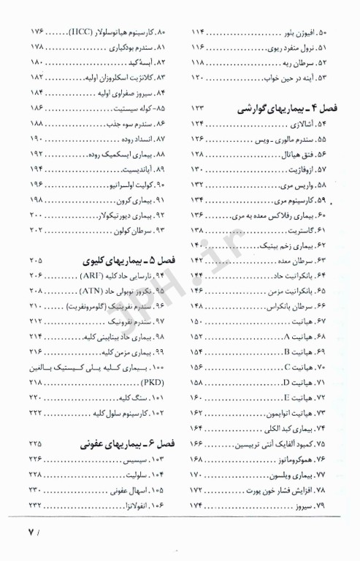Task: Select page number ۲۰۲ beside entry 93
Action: pyautogui.click(x=37, y=231)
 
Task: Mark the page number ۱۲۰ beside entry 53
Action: pyautogui.click(x=200, y=77)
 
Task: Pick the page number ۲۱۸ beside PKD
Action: pyautogui.click(x=37, y=382)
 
